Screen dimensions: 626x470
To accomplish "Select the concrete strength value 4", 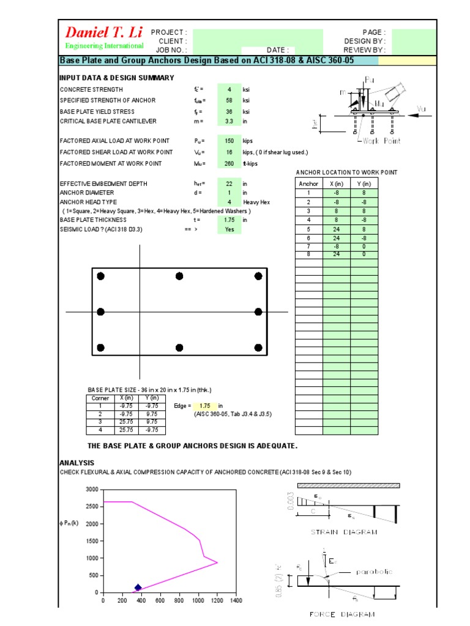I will tap(229, 89).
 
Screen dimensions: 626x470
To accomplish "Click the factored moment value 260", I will tap(229, 163).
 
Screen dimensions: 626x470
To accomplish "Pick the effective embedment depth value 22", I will tap(229, 183).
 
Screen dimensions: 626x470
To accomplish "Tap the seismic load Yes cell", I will tap(229, 229).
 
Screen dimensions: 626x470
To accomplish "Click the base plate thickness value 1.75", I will tap(229, 219).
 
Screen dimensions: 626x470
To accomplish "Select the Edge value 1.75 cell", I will tap(204, 405).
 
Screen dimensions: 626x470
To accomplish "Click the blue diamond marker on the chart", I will tap(138, 587).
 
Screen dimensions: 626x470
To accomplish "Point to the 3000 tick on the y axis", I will tap(92, 490).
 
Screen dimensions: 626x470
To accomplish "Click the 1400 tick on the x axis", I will tap(236, 602).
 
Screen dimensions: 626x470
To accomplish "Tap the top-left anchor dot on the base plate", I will tap(101, 276).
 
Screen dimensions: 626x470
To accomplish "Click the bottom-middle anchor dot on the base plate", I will tap(179, 347).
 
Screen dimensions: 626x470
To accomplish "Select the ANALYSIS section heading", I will tap(76, 463).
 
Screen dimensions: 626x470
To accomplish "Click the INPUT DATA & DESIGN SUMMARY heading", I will tap(116, 78).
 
